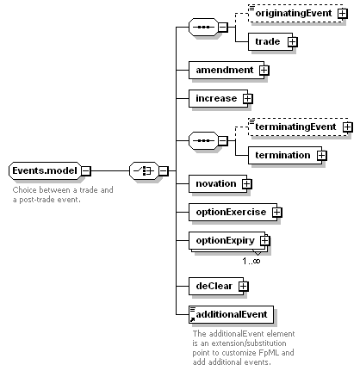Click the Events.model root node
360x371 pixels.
45,170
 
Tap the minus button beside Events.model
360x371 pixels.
86,171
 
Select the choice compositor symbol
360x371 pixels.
144,171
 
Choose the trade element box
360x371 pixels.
270,42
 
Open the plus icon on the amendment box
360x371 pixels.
264,71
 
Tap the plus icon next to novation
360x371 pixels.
246,183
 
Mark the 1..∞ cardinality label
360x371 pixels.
251,261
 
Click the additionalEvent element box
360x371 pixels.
231,314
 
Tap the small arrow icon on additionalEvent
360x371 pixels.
192,319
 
